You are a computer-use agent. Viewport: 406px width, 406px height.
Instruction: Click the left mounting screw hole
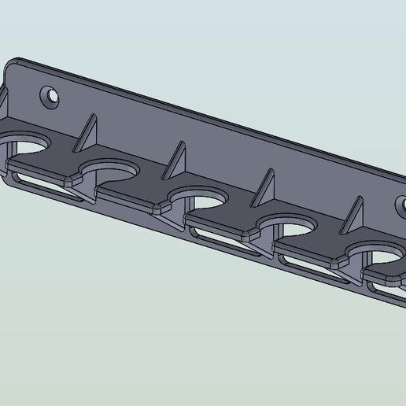click(52, 97)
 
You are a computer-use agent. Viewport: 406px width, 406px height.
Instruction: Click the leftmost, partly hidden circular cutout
click(27, 142)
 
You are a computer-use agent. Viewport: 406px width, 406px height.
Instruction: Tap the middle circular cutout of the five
click(197, 196)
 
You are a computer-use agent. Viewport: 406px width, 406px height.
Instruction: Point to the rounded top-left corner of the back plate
click(16, 62)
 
